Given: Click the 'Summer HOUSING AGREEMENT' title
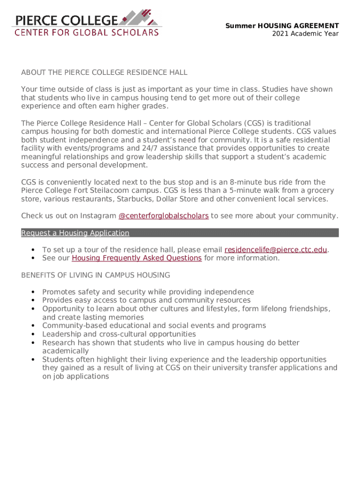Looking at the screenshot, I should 282,26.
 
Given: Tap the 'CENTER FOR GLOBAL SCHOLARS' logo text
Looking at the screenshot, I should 86,33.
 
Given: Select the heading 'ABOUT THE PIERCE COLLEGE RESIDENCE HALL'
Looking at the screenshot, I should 104,73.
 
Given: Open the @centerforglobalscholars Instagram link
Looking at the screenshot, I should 164,216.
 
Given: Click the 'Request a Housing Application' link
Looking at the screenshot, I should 75,233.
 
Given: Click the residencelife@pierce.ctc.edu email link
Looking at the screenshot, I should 275,250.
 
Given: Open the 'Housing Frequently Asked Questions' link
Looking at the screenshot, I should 137,258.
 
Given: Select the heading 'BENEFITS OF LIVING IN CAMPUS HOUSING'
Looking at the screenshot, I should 95,275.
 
